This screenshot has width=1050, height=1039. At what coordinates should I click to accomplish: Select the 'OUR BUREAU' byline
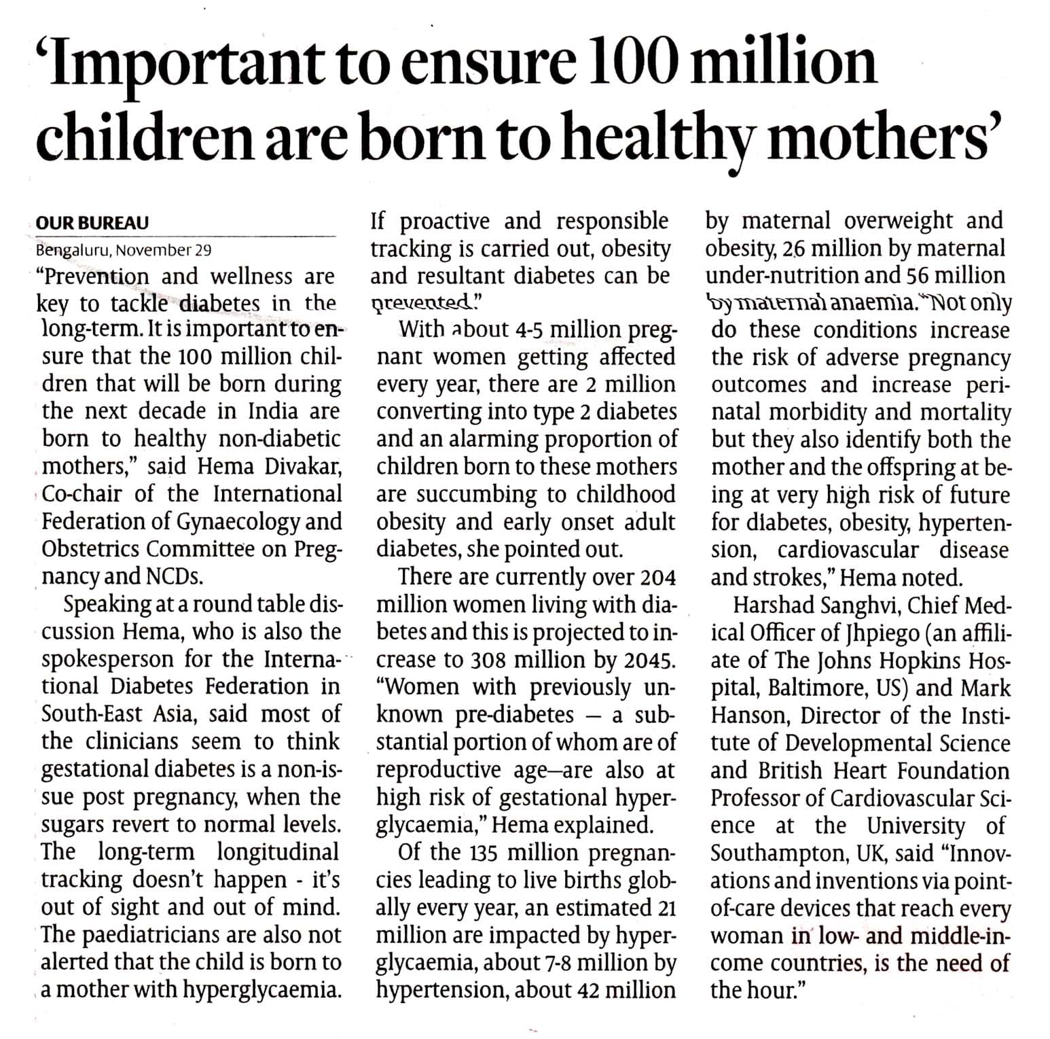click(92, 223)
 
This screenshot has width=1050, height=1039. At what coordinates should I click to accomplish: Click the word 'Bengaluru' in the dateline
click(72, 249)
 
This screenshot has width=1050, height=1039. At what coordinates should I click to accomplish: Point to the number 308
click(488, 660)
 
